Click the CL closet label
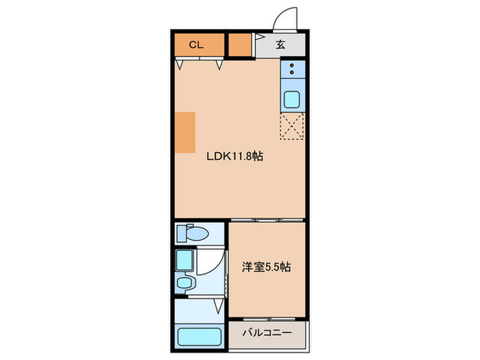pyautogui.click(x=197, y=45)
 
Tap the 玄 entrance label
pyautogui.click(x=280, y=46)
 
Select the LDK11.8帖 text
pyautogui.click(x=236, y=156)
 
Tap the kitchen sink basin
pyautogui.click(x=291, y=100)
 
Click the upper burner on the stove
pyautogui.click(x=292, y=67)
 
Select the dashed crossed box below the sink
pyautogui.click(x=291, y=126)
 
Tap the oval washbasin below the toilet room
pyautogui.click(x=184, y=283)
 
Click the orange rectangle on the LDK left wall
pyautogui.click(x=184, y=132)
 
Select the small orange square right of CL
pyautogui.click(x=239, y=45)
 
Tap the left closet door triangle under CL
pyautogui.click(x=180, y=65)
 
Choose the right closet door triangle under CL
pyautogui.click(x=220, y=65)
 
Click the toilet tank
pyautogui.click(x=181, y=234)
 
